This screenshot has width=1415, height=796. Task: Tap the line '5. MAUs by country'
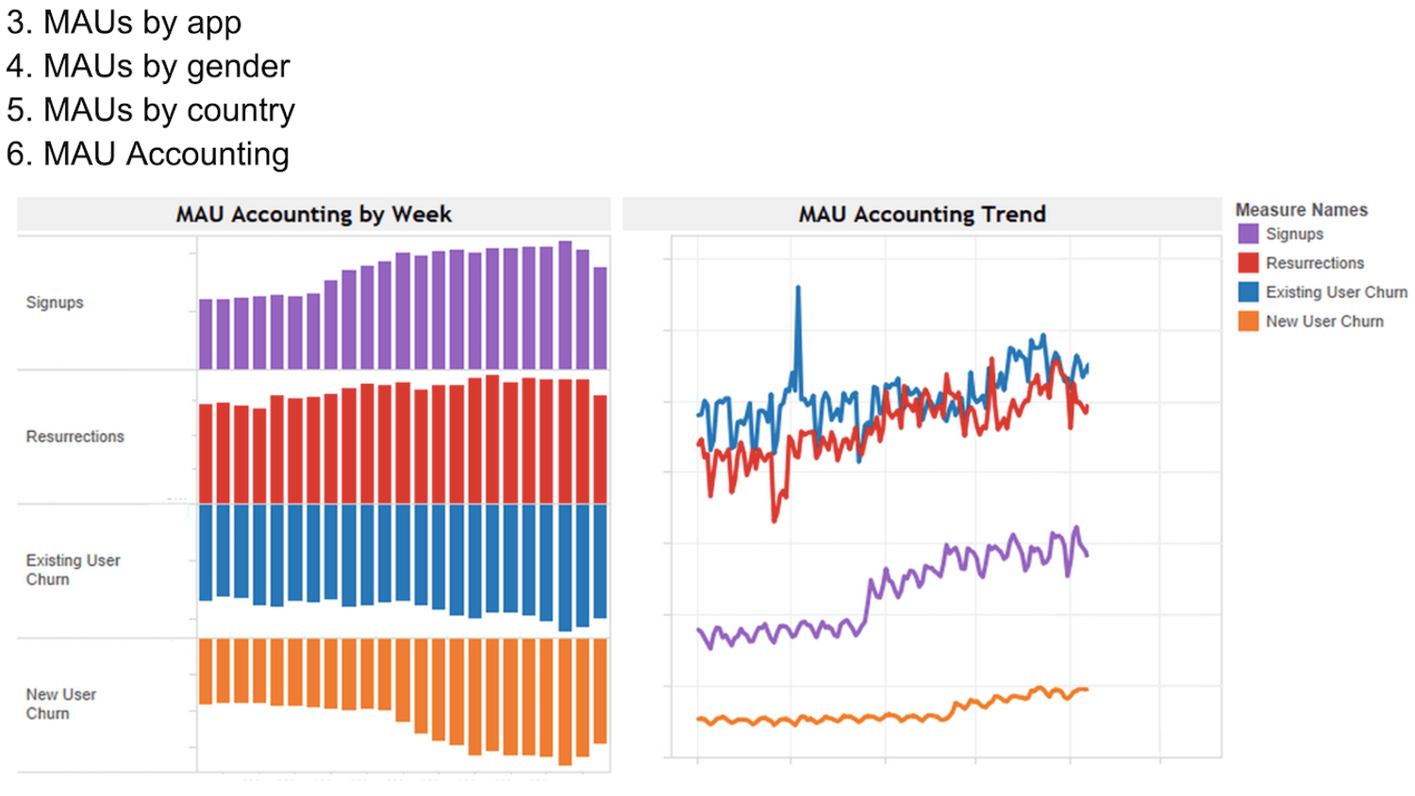tap(151, 110)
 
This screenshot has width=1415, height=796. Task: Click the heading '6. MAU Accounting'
tap(148, 154)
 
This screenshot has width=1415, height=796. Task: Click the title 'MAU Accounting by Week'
tap(313, 214)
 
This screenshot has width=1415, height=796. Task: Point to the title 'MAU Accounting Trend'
tap(922, 214)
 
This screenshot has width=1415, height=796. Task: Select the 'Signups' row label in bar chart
tap(55, 302)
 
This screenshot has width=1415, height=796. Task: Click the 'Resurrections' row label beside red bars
tap(75, 437)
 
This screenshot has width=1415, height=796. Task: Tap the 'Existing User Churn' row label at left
tap(73, 570)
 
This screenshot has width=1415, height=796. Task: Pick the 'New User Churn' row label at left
tap(60, 704)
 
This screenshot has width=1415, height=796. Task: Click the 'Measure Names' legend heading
tap(1301, 209)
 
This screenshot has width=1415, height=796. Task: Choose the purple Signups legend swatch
tap(1248, 234)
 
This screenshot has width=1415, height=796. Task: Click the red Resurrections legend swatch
tap(1248, 263)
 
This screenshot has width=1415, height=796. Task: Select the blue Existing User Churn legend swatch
tap(1248, 292)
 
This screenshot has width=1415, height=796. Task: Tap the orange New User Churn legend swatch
tap(1248, 322)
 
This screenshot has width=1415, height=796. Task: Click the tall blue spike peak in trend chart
tap(798, 289)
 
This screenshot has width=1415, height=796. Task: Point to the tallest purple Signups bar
tap(565, 305)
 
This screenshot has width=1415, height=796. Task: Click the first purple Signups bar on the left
tap(206, 334)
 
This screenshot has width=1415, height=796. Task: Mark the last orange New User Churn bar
tap(600, 690)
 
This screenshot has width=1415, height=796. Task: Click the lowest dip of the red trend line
tap(774, 518)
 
